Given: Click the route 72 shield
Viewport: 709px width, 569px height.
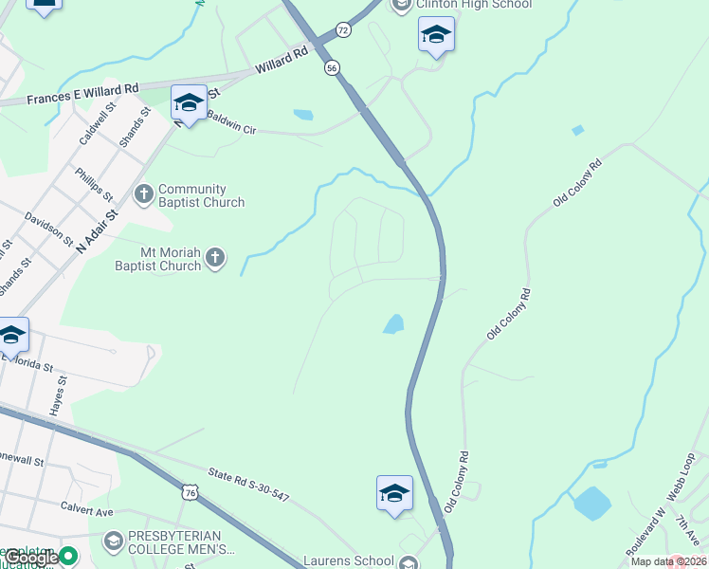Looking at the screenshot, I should [343, 30].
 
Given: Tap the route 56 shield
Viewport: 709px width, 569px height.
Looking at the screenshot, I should [331, 68].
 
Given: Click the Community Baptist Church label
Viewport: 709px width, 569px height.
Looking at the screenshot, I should [201, 195].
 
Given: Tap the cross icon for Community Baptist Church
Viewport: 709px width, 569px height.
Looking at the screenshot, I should [144, 194].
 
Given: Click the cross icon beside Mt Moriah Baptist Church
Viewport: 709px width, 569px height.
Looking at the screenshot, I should [215, 257].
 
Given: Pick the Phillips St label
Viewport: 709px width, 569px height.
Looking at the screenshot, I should [94, 183].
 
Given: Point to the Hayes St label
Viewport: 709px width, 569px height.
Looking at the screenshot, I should [60, 394].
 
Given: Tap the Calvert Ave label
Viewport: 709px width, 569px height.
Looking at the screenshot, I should [86, 510].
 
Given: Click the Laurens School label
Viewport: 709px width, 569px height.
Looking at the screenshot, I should [347, 560].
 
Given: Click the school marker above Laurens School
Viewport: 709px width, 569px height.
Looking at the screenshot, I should [394, 493].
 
